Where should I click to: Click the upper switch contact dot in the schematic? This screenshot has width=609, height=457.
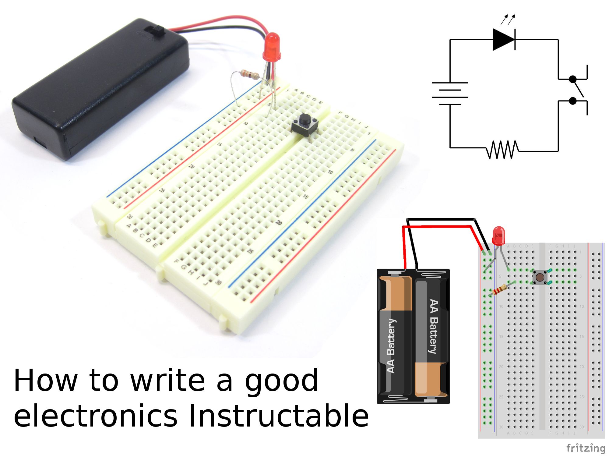pyautogui.click(x=573, y=79)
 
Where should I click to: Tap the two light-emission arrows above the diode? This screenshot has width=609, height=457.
pyautogui.click(x=508, y=19)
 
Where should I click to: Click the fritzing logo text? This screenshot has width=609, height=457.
pyautogui.click(x=585, y=448)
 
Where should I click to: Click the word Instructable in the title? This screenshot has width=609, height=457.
pyautogui.click(x=278, y=416)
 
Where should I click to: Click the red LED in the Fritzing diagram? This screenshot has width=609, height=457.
pyautogui.click(x=498, y=236)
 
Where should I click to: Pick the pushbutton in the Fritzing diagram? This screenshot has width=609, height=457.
pyautogui.click(x=540, y=277)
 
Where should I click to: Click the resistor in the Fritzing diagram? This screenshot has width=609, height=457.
pyautogui.click(x=499, y=289)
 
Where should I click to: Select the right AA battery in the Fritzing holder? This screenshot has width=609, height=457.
pyautogui.click(x=432, y=335)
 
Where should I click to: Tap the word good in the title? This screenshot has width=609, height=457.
pyautogui.click(x=281, y=381)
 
